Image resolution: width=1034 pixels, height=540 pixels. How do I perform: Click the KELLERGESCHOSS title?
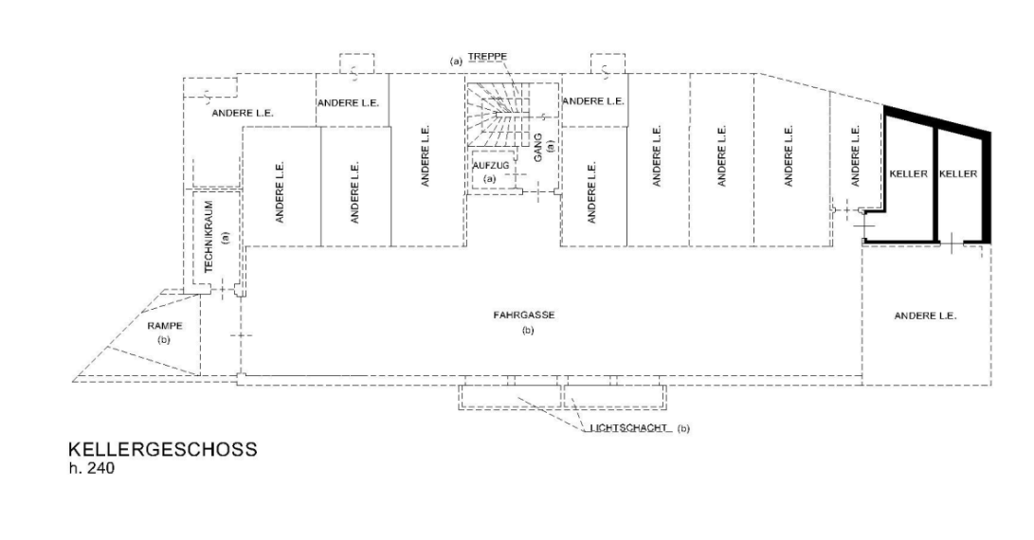pyautogui.click(x=162, y=450)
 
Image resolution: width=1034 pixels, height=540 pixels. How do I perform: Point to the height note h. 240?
pyautogui.click(x=91, y=469)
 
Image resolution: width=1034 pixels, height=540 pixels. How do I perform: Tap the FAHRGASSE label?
pyautogui.click(x=524, y=315)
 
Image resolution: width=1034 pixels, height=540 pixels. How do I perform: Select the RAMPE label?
pyautogui.click(x=165, y=326)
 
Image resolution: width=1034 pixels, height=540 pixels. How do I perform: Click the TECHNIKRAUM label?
pyautogui.click(x=209, y=237)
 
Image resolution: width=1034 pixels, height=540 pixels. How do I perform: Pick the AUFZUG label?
pyautogui.click(x=491, y=166)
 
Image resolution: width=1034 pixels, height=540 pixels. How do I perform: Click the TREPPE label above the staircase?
pyautogui.click(x=487, y=57)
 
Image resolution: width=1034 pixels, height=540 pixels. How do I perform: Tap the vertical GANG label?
pyautogui.click(x=538, y=148)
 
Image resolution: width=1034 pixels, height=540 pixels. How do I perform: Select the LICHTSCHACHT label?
pyautogui.click(x=626, y=428)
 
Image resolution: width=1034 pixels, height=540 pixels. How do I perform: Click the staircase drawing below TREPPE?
pyautogui.click(x=499, y=115)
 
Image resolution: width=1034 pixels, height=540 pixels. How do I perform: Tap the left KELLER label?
pyautogui.click(x=909, y=174)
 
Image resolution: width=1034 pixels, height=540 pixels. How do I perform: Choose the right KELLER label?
pyautogui.click(x=958, y=174)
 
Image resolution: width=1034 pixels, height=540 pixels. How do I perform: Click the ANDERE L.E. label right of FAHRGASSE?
pyautogui.click(x=925, y=315)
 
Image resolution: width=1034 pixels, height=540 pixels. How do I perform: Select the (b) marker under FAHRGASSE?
pyautogui.click(x=528, y=331)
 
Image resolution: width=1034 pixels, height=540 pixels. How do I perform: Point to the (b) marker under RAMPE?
pyautogui.click(x=164, y=340)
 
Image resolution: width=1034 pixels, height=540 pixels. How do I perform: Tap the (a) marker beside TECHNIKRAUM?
pyautogui.click(x=225, y=237)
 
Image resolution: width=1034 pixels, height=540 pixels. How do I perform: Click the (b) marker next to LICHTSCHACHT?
pyautogui.click(x=684, y=428)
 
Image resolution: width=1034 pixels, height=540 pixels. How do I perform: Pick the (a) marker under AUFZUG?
pyautogui.click(x=489, y=179)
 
